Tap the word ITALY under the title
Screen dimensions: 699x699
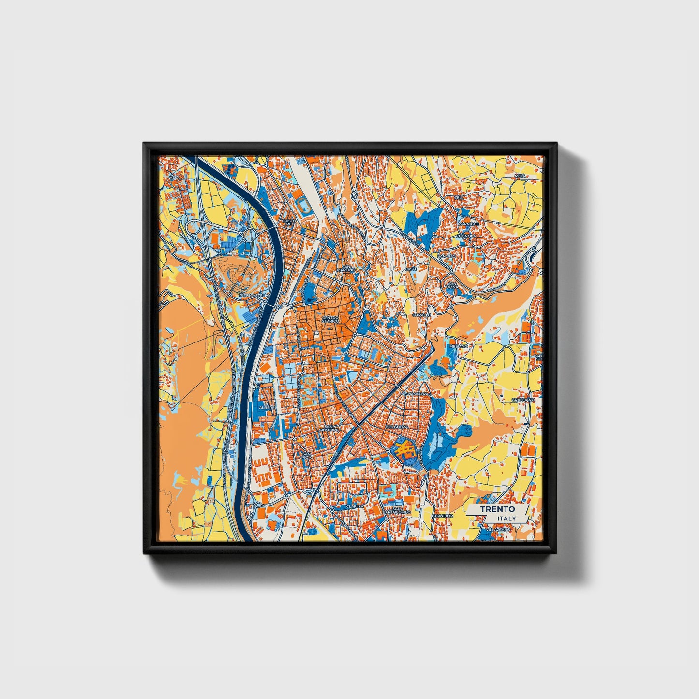click(x=506, y=519)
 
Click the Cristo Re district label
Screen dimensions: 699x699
click(x=289, y=223)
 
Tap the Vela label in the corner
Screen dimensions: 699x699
click(x=174, y=178)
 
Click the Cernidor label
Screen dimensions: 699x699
click(x=443, y=516)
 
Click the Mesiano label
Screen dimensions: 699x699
click(x=459, y=346)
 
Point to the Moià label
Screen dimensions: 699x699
click(x=520, y=176)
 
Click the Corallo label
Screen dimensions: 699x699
click(x=421, y=315)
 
